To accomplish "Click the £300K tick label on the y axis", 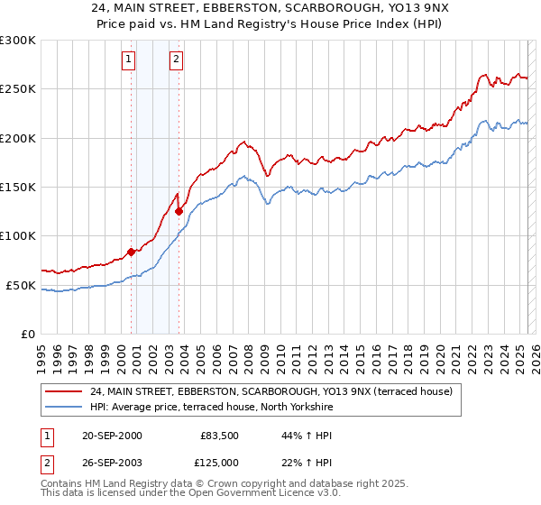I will coord(18,41).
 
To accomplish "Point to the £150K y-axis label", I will coord(18,188).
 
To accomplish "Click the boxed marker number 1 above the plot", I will coord(129,60).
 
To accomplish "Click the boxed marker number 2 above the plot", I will coord(176,60).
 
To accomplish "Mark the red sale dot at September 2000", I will coord(132,252).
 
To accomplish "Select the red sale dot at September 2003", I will coord(179,211).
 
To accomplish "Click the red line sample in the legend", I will coord(62,390).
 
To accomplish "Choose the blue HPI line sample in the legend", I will coord(62,407).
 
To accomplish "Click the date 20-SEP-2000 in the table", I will coord(112,436).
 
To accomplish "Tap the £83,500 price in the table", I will coord(217,436).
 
